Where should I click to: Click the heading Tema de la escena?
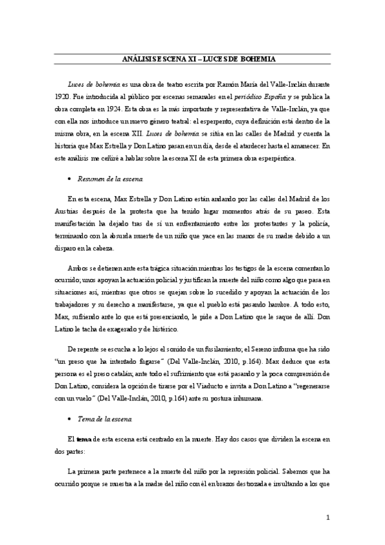(x=103, y=420)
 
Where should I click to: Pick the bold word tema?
(x=84, y=441)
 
